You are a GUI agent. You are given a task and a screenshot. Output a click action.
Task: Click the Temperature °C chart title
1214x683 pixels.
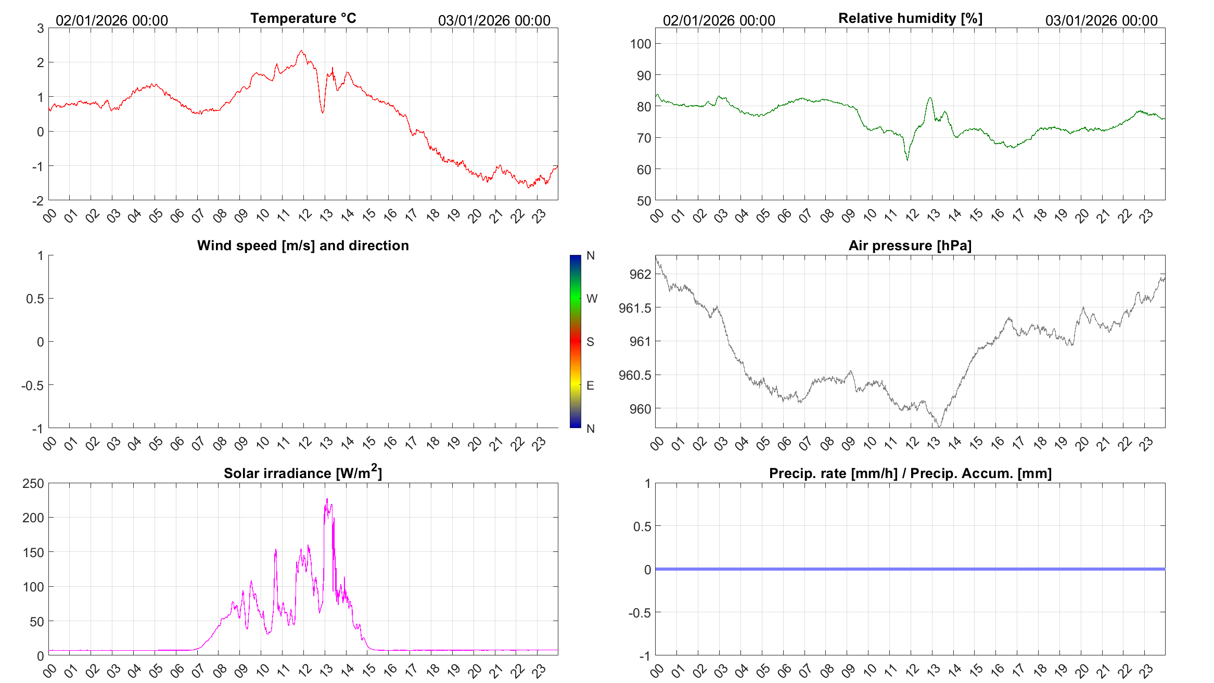point(303,18)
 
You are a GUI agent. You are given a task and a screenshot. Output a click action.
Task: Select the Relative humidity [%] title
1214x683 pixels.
point(910,18)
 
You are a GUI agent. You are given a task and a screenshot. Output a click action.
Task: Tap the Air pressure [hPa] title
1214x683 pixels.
point(910,246)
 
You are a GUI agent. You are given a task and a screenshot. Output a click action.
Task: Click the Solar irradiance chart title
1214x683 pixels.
point(303,473)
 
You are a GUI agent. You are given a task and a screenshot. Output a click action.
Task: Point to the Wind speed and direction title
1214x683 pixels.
point(303,246)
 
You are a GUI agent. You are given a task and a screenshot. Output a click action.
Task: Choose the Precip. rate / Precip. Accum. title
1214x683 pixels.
point(910,473)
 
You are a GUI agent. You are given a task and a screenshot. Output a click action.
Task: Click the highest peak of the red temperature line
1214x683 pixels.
point(302,51)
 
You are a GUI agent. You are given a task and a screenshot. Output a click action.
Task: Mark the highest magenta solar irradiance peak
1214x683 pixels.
point(327,499)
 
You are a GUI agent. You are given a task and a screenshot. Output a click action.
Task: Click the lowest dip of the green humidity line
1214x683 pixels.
point(908,159)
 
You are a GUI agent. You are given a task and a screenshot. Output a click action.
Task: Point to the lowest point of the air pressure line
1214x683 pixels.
point(939,427)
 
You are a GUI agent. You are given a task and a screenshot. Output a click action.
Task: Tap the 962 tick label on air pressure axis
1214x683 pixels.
point(640,274)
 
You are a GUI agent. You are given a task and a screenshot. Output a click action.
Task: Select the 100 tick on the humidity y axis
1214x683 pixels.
point(640,44)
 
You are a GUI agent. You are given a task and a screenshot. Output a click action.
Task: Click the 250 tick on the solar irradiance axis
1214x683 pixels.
point(33,483)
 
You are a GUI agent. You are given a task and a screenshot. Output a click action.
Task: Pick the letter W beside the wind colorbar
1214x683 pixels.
point(592,299)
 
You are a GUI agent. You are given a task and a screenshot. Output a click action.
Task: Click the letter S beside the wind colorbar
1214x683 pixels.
point(590,342)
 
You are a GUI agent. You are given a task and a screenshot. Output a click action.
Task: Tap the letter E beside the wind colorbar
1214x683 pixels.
point(590,385)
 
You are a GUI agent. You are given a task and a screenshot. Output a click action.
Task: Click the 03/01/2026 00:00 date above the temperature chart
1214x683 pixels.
point(494,20)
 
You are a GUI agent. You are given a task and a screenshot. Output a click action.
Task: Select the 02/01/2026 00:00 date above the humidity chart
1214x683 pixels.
point(719,20)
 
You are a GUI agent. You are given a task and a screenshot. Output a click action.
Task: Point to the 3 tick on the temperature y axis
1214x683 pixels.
point(40,28)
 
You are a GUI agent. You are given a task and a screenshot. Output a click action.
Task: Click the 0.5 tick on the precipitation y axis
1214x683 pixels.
point(642,526)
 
